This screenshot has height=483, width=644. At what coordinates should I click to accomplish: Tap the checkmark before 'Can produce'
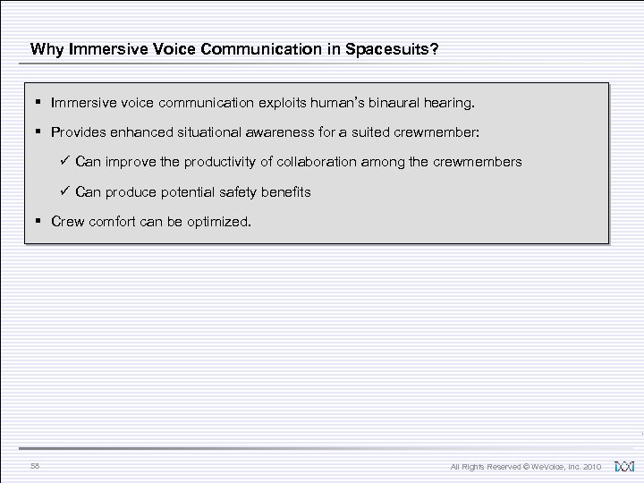coord(64,191)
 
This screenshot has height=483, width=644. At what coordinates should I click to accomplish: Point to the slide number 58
coord(35,466)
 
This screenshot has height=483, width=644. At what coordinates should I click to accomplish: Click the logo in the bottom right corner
coord(623,466)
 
